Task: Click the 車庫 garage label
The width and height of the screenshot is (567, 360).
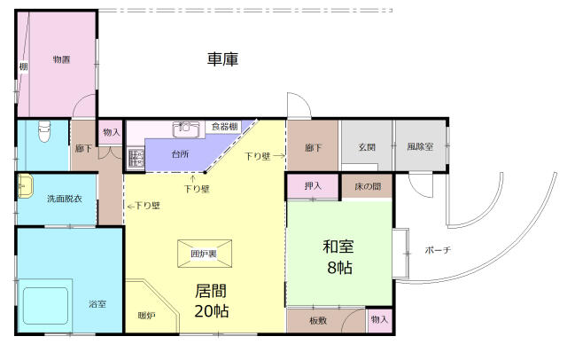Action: click(x=222, y=59)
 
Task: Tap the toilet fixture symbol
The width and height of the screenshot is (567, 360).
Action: click(x=44, y=131)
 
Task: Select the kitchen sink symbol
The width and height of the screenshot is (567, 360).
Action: click(x=186, y=129)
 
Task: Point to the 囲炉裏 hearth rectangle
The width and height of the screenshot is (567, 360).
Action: click(x=205, y=254)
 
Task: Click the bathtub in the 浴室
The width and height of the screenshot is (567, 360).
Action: click(x=45, y=306)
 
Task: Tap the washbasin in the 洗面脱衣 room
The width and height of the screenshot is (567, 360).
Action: click(x=25, y=186)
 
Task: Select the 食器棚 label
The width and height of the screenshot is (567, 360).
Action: click(x=224, y=127)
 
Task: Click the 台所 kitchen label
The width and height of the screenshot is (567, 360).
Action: click(x=180, y=154)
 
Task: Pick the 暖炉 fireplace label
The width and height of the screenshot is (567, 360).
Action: click(x=147, y=316)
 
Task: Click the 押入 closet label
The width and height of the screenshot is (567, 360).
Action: click(x=313, y=186)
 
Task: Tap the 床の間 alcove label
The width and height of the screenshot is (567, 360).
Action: click(x=368, y=187)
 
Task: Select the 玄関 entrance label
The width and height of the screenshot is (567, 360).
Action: click(x=367, y=147)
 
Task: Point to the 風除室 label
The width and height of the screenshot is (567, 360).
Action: click(x=420, y=147)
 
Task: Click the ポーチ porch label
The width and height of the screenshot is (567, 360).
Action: click(x=438, y=250)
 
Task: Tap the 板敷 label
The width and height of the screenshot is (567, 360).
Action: click(x=318, y=321)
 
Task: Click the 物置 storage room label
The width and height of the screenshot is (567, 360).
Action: click(x=61, y=59)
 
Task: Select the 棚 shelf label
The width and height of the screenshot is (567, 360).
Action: click(x=23, y=67)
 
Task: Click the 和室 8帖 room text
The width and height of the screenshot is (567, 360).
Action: click(x=338, y=257)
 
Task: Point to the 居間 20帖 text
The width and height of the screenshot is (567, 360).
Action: click(x=212, y=301)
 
